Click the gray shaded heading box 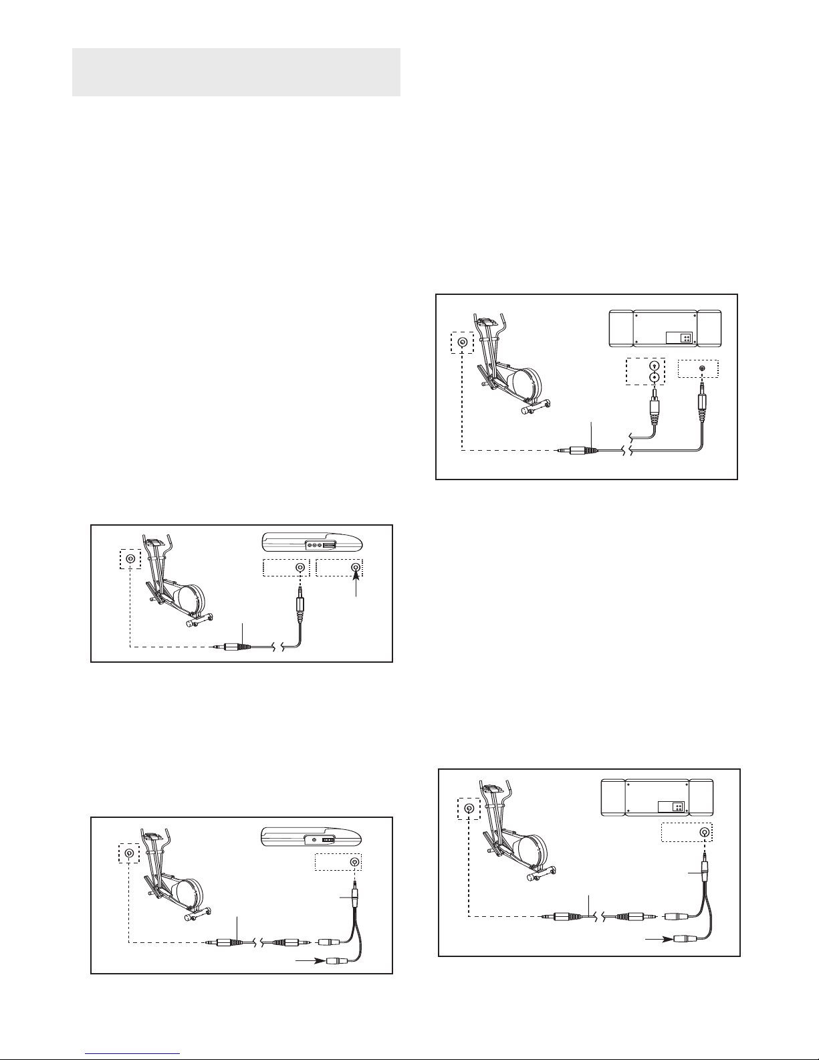236,72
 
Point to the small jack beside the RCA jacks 701,368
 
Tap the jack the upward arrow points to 356,568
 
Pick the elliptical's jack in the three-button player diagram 130,559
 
